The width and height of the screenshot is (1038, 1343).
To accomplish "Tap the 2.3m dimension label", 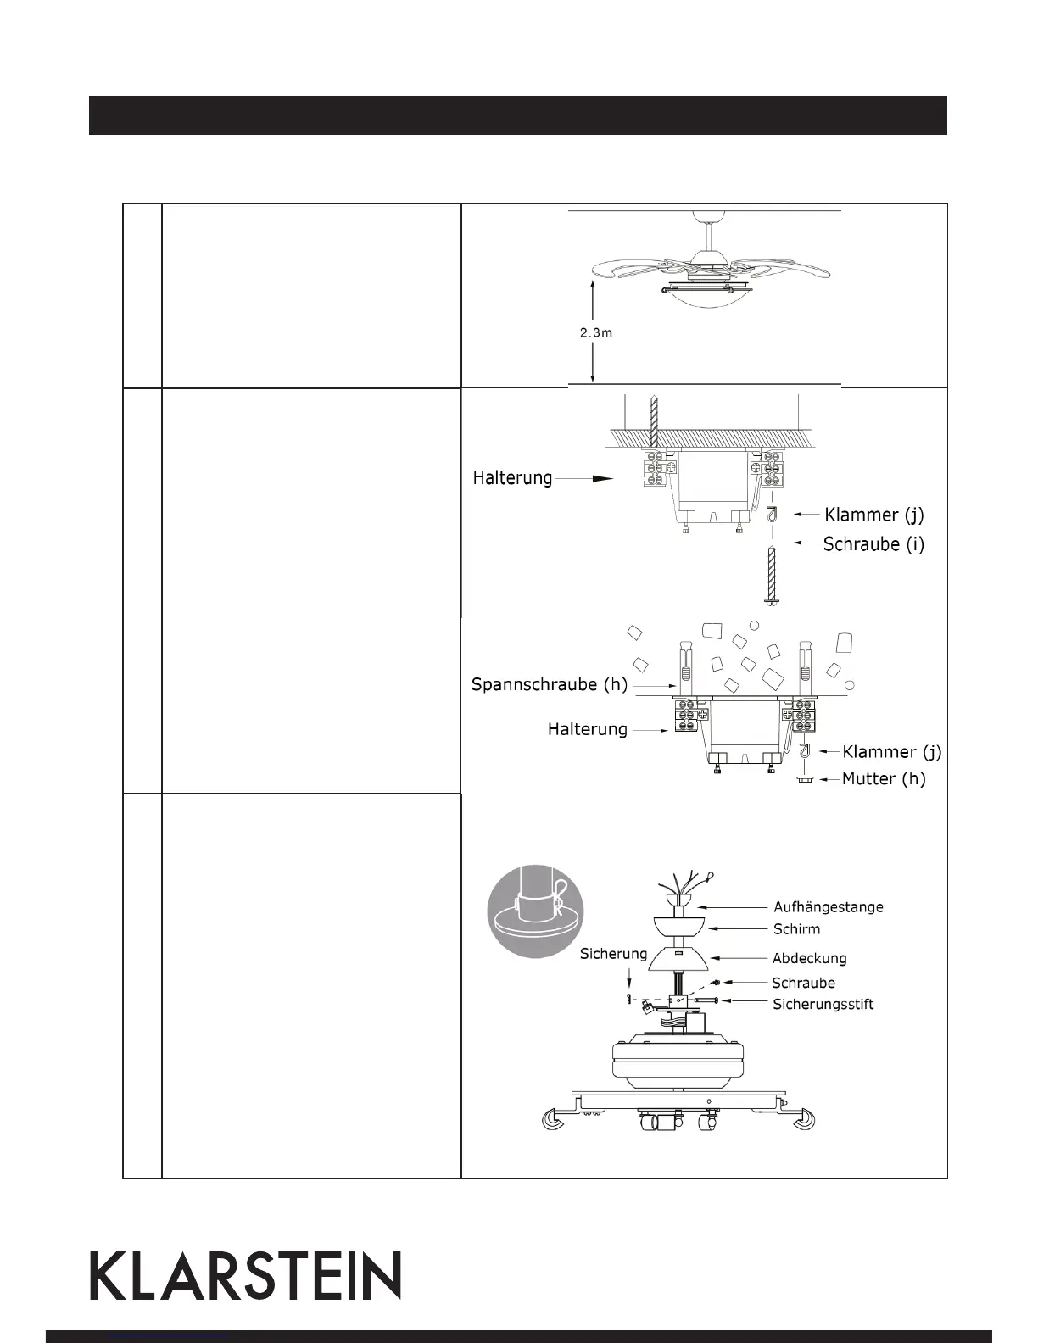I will click(596, 333).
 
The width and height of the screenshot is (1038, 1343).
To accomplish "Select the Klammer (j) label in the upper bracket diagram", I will click(873, 515).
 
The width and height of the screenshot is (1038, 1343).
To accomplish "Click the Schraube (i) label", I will click(873, 544).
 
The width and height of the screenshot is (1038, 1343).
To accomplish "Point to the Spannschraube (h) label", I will click(549, 685).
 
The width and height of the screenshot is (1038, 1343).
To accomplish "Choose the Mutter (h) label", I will click(883, 778).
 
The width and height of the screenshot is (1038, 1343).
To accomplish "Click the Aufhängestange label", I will click(828, 906).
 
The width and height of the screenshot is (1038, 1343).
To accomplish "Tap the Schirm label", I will click(796, 929).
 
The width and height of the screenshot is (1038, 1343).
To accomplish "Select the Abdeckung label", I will click(809, 958).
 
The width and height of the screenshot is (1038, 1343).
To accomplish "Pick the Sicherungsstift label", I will click(823, 1005).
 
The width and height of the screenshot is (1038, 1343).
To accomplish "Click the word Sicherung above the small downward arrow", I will click(613, 954).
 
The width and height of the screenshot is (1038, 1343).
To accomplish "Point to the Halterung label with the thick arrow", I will click(512, 479).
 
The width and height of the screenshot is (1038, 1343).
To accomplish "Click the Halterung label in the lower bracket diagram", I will click(588, 729).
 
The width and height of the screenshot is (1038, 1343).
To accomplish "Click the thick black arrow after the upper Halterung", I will click(600, 479).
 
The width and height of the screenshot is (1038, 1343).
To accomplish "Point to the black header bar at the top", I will click(517, 115).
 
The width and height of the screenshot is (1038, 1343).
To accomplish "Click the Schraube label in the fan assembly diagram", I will click(803, 984).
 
